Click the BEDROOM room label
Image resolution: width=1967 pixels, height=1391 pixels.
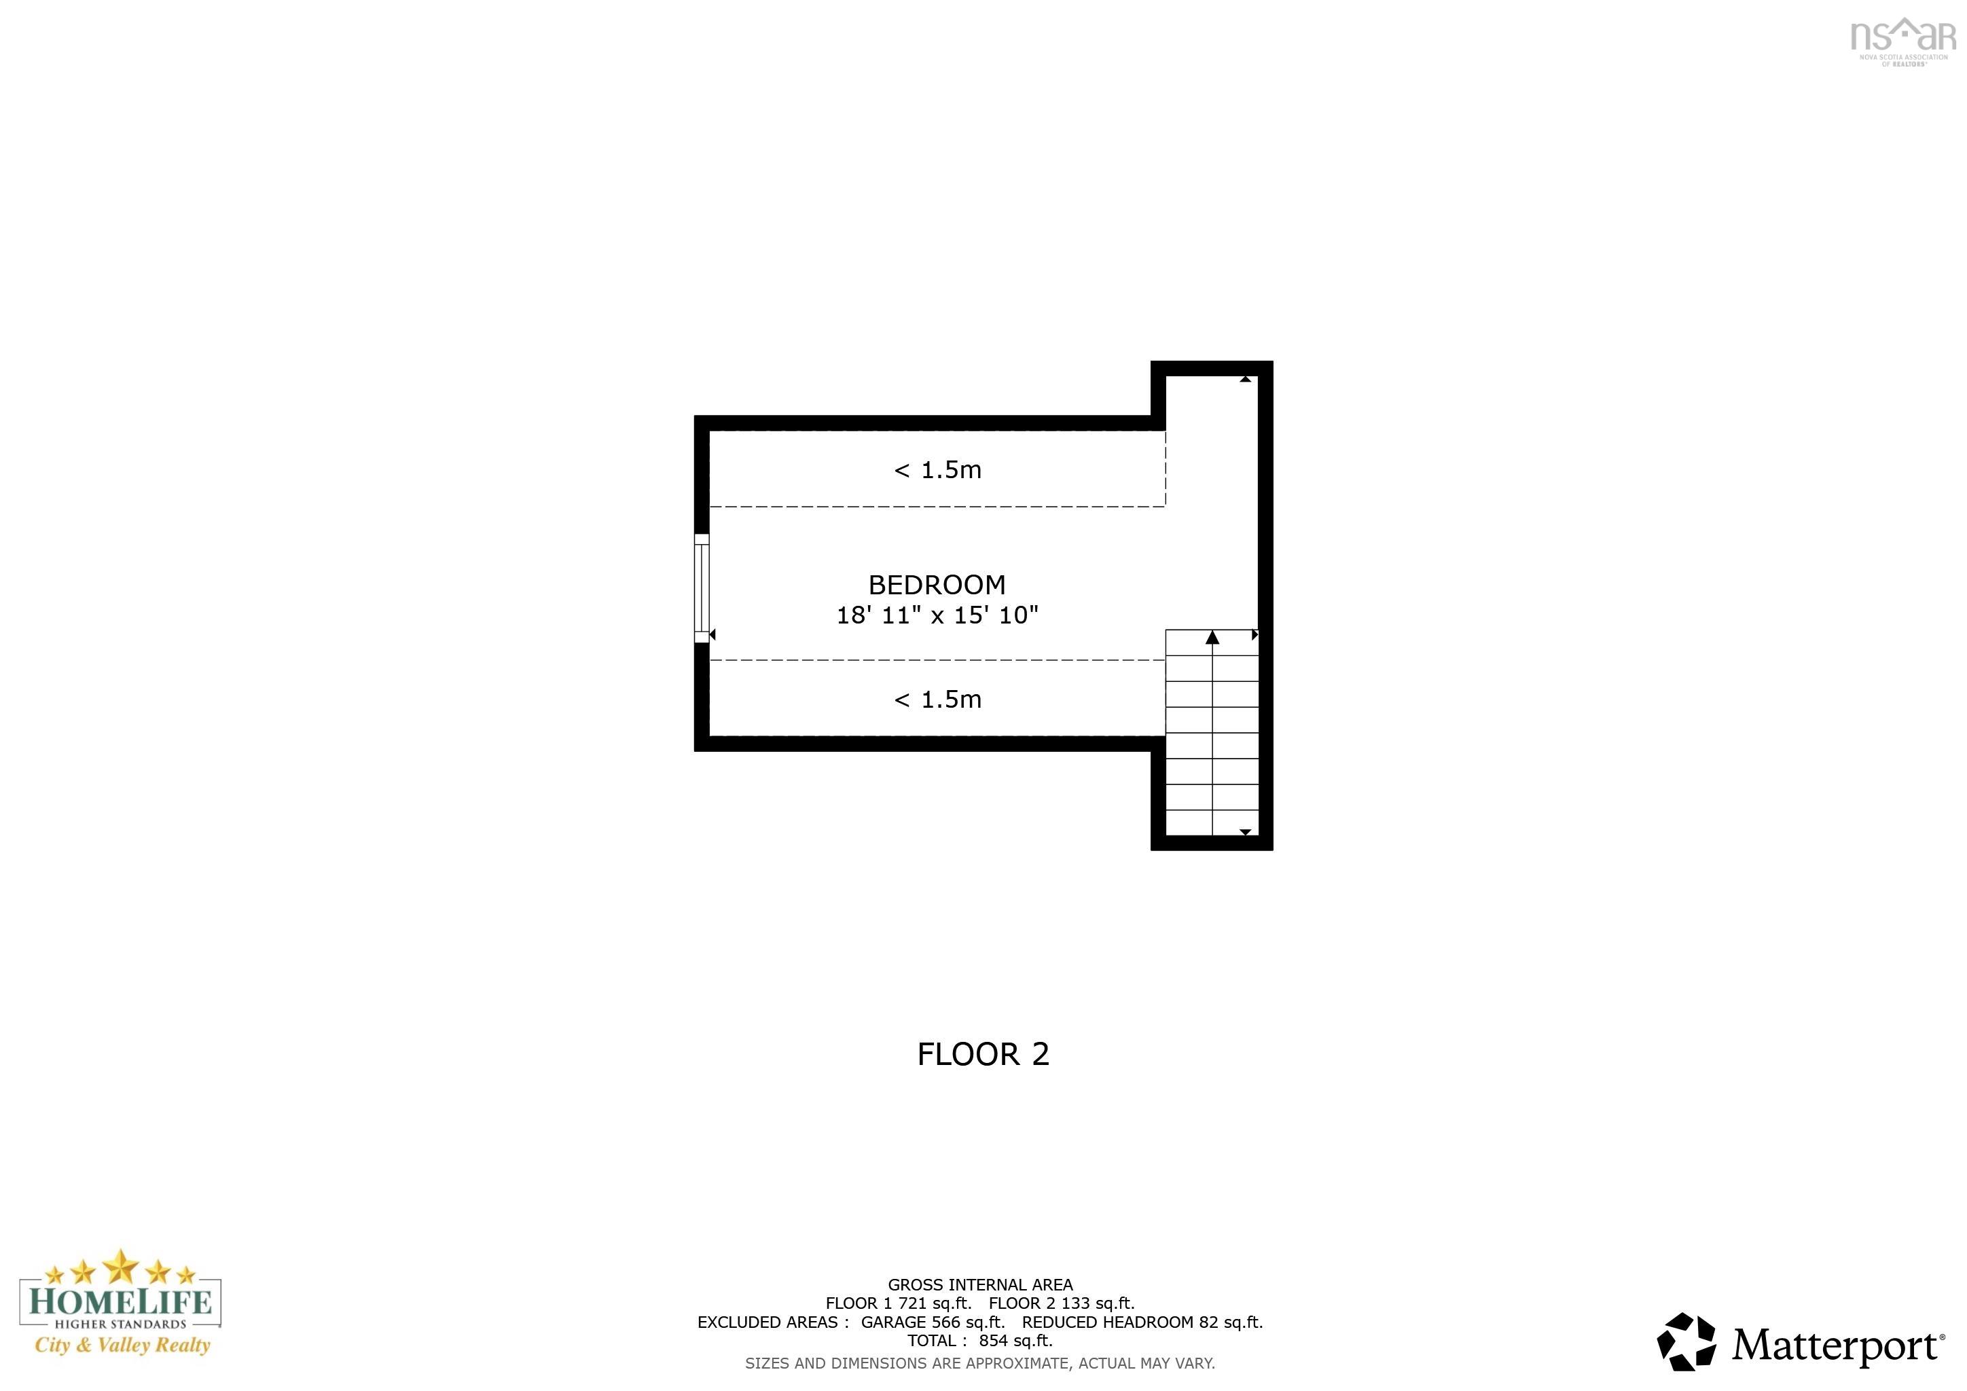(x=937, y=585)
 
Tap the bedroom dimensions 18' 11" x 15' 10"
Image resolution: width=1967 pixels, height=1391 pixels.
(x=937, y=615)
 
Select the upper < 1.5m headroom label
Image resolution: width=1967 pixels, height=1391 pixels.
(x=937, y=470)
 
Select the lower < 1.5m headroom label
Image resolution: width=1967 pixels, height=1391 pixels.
(x=937, y=700)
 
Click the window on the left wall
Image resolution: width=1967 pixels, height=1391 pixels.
(x=702, y=588)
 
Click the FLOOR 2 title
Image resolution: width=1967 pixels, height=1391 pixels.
(x=983, y=1054)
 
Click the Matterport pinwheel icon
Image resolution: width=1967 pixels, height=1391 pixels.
(x=1686, y=1342)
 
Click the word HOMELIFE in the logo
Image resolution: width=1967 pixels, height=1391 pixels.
(x=120, y=1303)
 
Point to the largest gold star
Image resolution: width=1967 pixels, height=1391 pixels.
(x=121, y=1265)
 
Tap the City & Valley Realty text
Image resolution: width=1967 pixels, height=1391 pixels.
(x=122, y=1345)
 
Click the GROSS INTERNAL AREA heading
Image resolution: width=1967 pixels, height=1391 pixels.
(x=980, y=1285)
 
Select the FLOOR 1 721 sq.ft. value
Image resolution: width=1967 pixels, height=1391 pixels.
(x=898, y=1303)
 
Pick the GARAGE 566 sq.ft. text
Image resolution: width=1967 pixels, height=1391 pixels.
(x=932, y=1322)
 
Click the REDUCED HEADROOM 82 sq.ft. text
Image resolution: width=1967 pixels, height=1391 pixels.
(x=1142, y=1322)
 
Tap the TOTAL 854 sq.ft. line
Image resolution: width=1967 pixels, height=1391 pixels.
(x=980, y=1341)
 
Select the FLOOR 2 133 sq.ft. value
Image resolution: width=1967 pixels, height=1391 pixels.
(x=1062, y=1303)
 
